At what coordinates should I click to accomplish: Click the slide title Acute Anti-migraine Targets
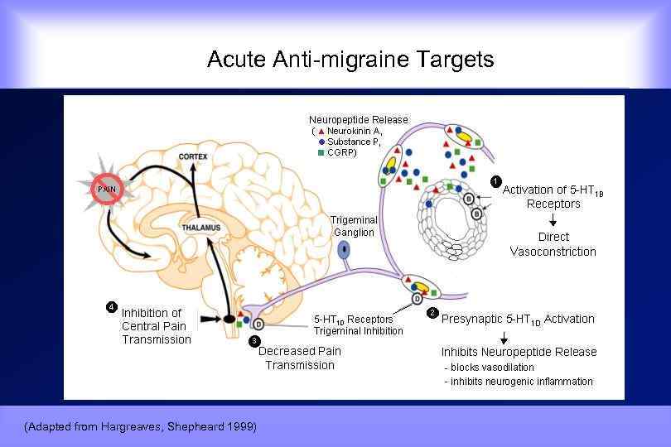(350, 60)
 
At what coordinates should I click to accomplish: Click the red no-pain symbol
(105, 190)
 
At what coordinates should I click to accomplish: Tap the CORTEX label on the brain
(192, 156)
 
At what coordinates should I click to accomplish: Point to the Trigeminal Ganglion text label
(354, 226)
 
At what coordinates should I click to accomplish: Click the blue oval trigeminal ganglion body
(342, 248)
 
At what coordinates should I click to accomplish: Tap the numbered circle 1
(495, 180)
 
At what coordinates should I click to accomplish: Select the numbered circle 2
(432, 313)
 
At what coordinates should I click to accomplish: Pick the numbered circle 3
(254, 340)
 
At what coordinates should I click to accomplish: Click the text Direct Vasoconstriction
(553, 244)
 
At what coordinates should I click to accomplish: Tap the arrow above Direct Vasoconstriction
(553, 219)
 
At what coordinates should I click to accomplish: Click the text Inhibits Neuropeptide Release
(519, 352)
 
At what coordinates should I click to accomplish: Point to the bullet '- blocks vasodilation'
(489, 367)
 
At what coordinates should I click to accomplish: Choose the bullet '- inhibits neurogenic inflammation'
(519, 382)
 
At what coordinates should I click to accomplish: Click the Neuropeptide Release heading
(359, 120)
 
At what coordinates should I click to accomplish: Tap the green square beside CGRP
(321, 152)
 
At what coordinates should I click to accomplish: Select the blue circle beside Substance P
(321, 142)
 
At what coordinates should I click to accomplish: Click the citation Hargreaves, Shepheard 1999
(141, 426)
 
